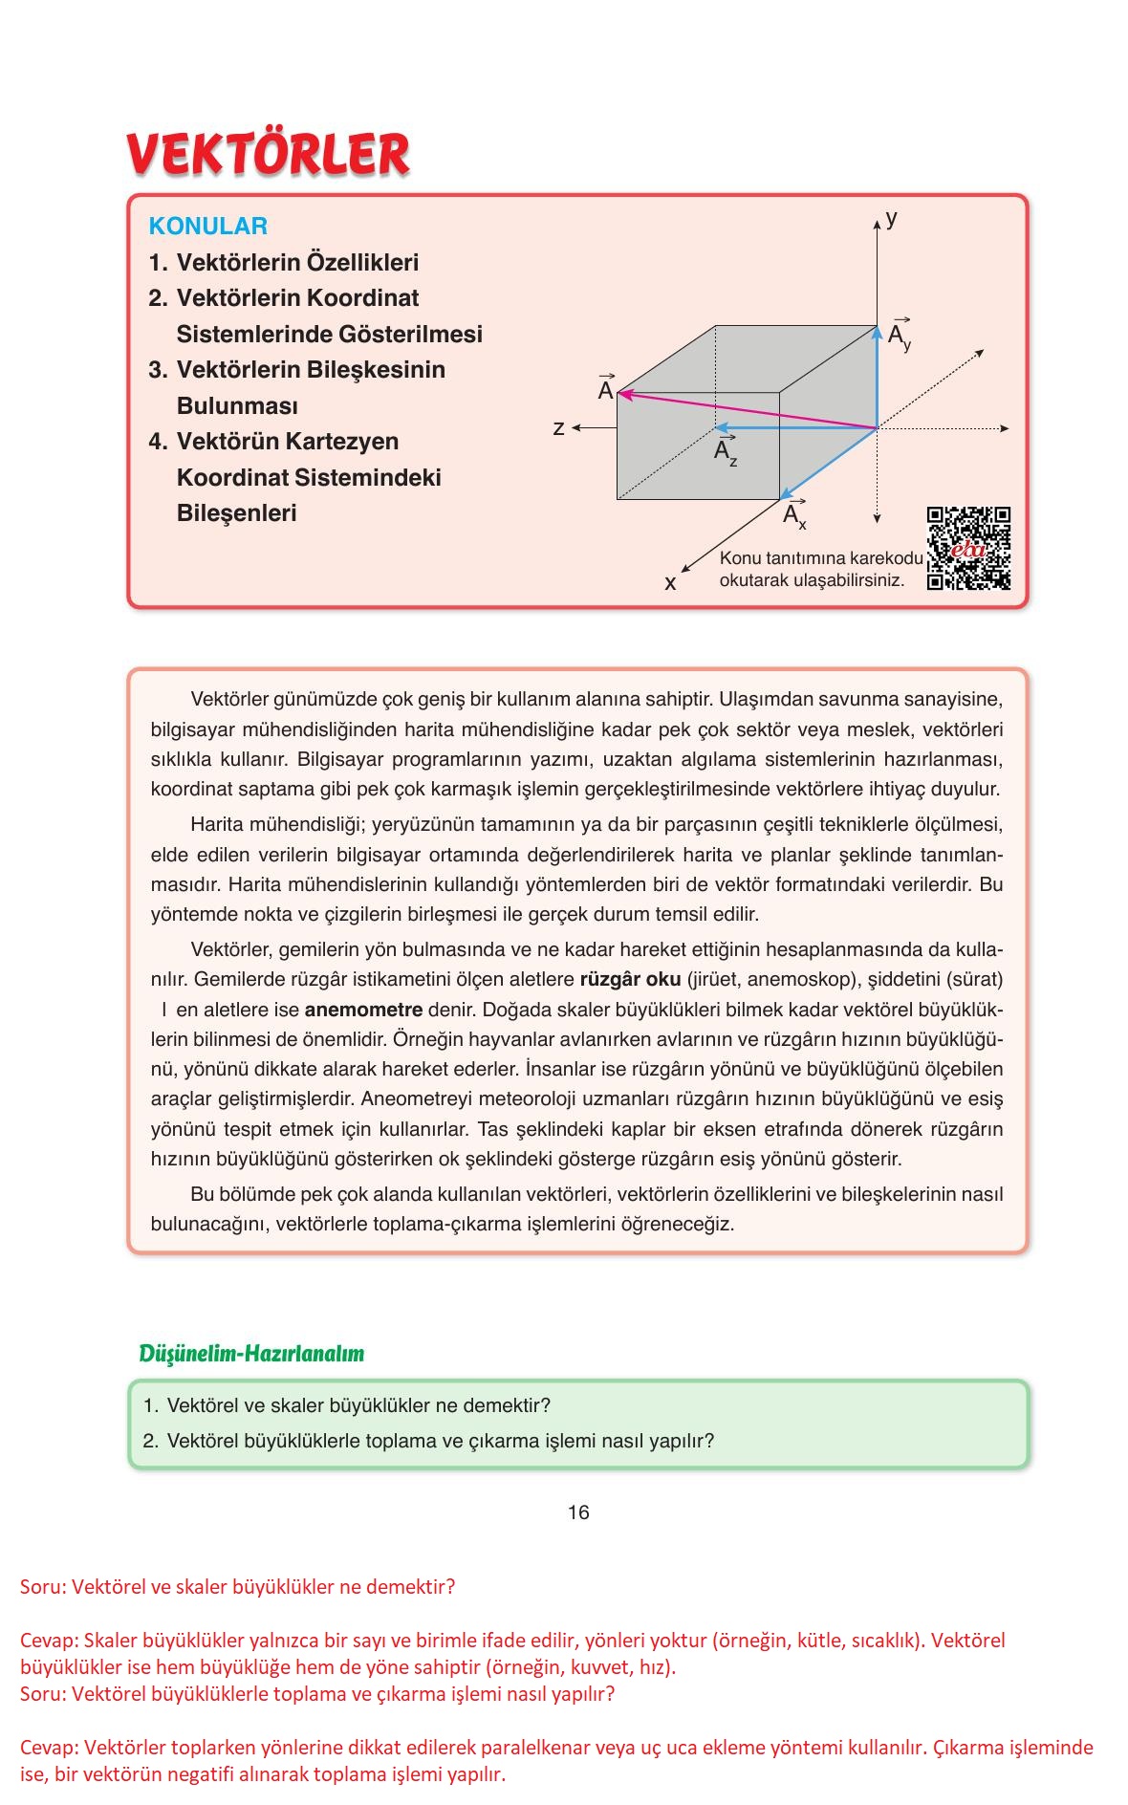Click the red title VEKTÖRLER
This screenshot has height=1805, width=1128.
point(269,154)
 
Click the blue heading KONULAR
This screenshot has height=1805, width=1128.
point(207,227)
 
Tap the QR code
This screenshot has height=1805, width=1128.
point(968,548)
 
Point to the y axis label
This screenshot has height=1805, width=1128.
point(891,218)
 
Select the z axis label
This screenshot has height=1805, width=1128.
point(559,428)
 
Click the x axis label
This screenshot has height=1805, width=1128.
point(670,582)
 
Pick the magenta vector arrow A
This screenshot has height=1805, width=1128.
point(746,410)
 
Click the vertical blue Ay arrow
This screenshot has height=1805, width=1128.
point(877,377)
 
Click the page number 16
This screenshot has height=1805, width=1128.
point(578,1511)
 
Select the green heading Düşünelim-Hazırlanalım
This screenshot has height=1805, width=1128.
point(252,1353)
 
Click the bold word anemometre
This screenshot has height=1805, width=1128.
point(363,1010)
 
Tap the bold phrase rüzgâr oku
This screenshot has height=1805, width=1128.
point(630,979)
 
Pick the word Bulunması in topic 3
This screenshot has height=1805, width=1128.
point(237,405)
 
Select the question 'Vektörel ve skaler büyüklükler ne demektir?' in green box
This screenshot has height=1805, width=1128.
point(358,1405)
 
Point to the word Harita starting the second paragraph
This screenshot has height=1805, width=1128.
point(217,824)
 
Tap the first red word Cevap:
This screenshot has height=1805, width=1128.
point(49,1640)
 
